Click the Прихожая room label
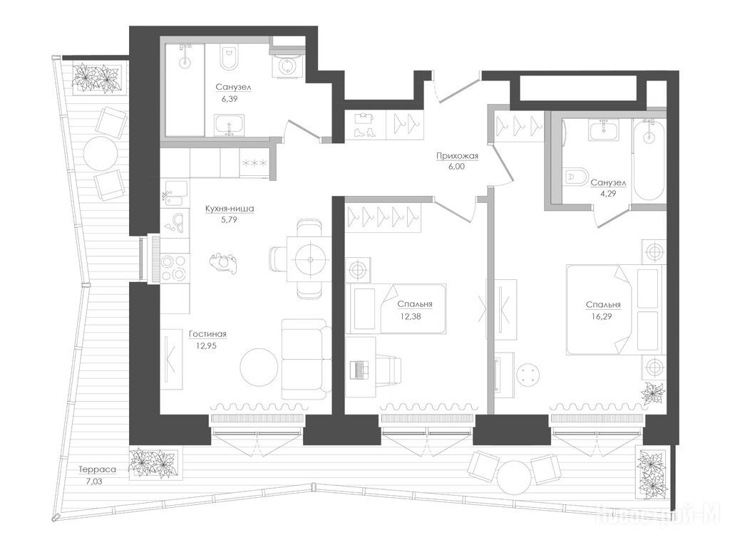coord(457,156)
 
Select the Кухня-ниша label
coord(230,209)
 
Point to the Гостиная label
coord(207,334)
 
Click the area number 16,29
coord(603,317)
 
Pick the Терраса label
coord(97,470)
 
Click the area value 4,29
coord(607,194)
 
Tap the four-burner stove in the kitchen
coord(175,268)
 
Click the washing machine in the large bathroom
coord(286,66)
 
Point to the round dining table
coord(309,260)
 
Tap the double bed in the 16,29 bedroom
coord(615,310)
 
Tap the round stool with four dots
coord(530,375)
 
